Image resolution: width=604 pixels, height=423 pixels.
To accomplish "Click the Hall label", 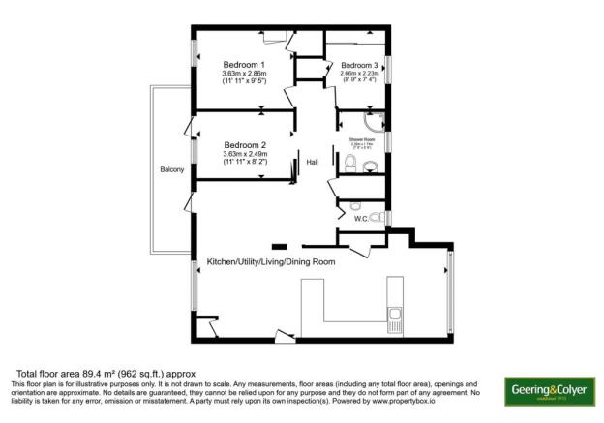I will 312,163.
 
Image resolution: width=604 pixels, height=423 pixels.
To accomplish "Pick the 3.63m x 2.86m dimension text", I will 244,74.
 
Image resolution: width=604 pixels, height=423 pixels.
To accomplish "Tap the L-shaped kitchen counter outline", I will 319,310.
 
